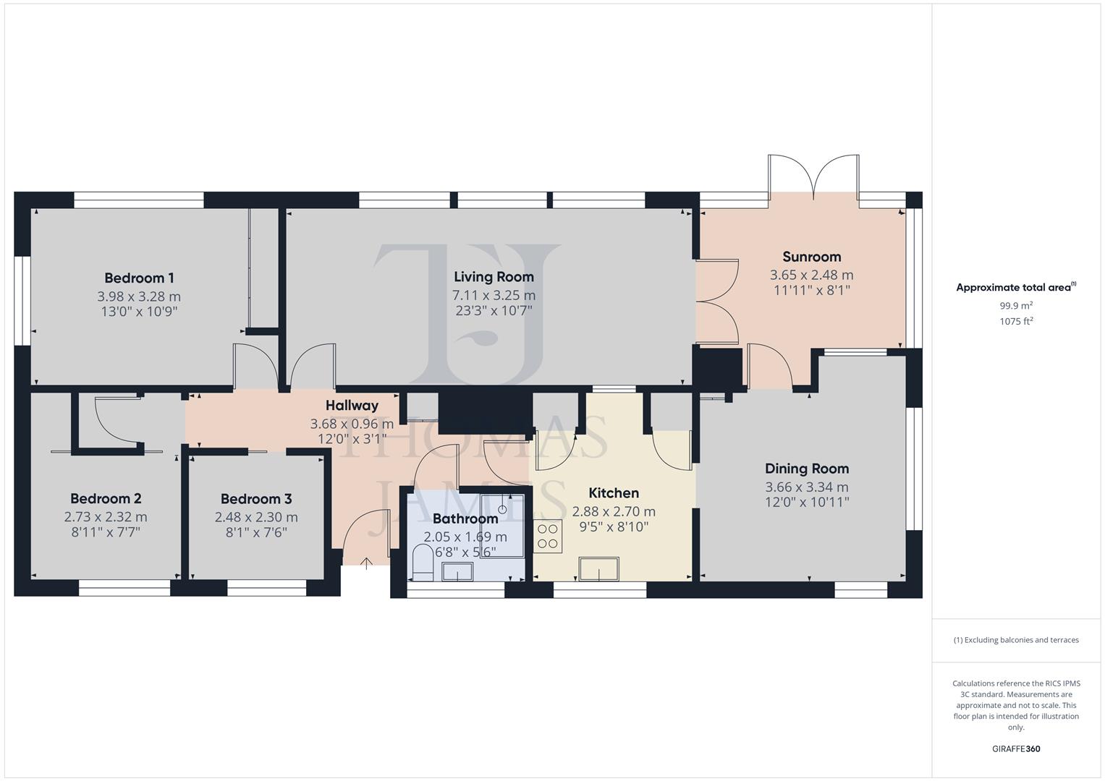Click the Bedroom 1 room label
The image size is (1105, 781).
[139, 278]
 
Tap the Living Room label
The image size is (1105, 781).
[494, 276]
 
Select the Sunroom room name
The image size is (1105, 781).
[811, 257]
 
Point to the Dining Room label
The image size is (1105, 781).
[807, 469]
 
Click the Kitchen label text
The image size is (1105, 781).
[614, 493]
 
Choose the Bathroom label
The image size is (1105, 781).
[465, 518]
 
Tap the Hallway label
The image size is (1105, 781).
[352, 406]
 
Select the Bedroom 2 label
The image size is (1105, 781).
[106, 498]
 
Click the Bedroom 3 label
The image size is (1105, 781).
[256, 499]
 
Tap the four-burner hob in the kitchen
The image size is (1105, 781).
[548, 536]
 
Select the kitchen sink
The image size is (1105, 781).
[599, 568]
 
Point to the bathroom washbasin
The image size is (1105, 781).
[457, 573]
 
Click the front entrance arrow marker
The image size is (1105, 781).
[366, 563]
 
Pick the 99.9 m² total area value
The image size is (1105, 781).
[1016, 306]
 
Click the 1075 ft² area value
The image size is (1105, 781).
[1016, 322]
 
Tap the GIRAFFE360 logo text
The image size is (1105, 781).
[1016, 748]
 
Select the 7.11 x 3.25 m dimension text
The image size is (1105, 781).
[494, 295]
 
